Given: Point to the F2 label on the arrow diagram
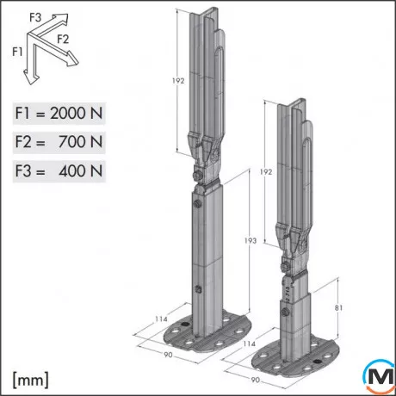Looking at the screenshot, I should (x=62, y=39).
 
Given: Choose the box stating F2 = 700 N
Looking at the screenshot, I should (x=59, y=142).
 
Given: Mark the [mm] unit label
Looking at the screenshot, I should (x=30, y=378).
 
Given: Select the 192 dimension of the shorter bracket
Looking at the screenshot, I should (x=267, y=171).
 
